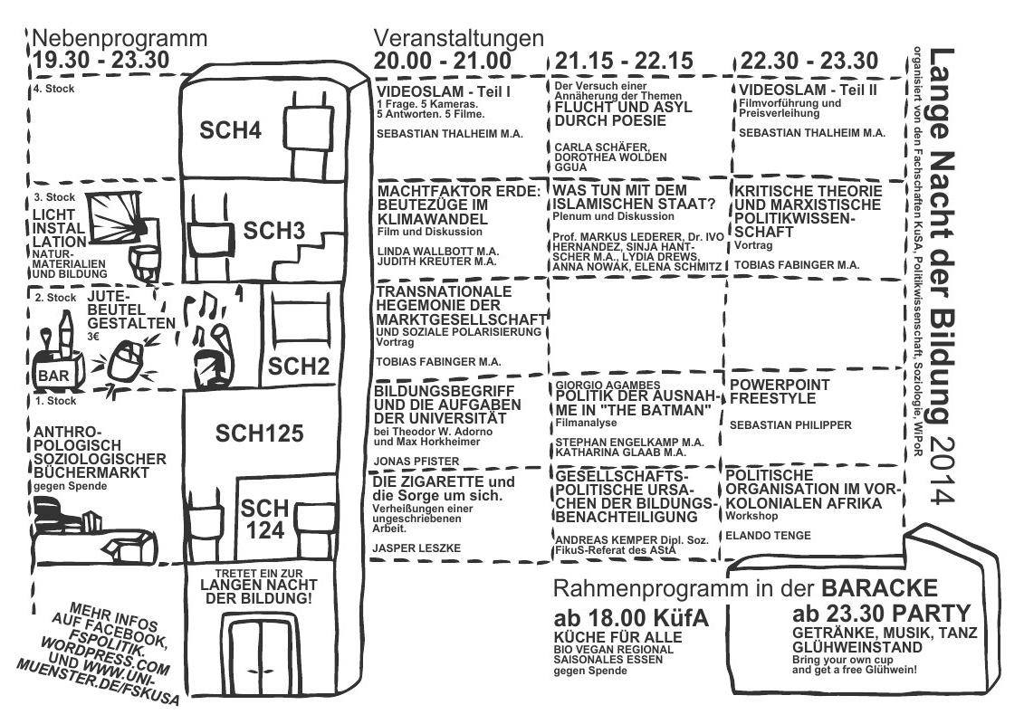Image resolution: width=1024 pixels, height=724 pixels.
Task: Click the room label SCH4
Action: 230,131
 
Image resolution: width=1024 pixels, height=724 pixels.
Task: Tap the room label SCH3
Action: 273,231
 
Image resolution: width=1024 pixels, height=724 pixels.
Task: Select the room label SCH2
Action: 295,366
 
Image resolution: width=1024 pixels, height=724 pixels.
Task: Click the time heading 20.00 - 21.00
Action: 444,62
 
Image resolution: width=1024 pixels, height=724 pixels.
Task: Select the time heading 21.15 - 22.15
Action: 624,62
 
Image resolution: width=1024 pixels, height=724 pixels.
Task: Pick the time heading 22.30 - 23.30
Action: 809,62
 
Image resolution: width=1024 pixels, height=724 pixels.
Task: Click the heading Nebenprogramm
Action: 120,39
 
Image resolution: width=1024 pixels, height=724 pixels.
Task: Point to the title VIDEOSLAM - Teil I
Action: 445,92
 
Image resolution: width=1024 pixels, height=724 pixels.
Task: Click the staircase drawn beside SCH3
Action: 313,249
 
